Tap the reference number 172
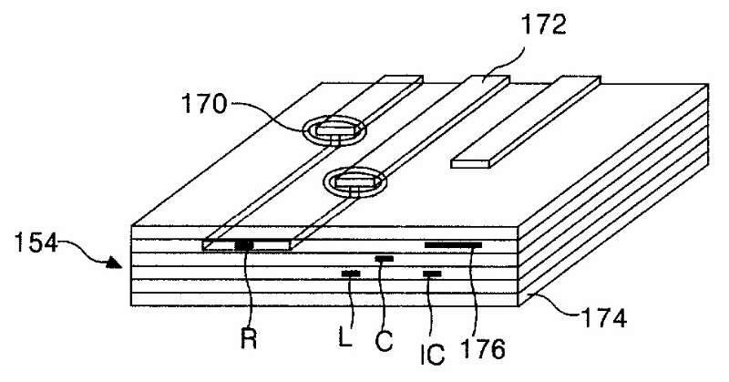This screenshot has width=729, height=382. click(545, 25)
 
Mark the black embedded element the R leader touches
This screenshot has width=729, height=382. click(244, 244)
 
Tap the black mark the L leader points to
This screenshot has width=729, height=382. click(350, 274)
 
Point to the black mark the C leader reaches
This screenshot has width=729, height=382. click(385, 259)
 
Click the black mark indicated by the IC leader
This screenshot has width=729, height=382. click(432, 274)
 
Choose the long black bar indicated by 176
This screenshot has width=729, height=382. click(453, 244)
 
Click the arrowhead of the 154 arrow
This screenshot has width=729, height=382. click(112, 264)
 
